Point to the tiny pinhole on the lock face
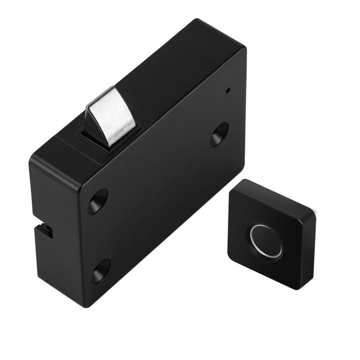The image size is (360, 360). click(228, 90)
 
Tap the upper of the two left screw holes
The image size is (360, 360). click(98, 201)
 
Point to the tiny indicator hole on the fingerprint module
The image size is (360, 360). click(293, 255)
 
